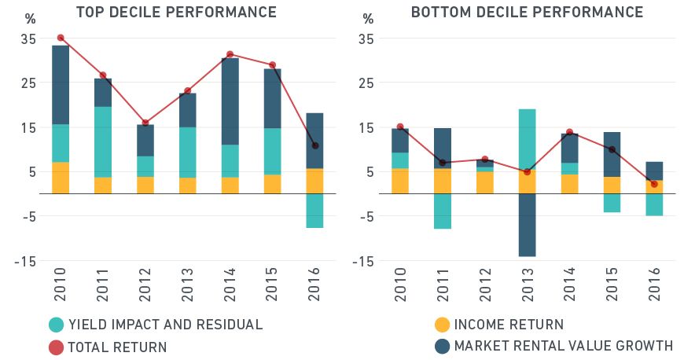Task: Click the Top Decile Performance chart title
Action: (x=175, y=13)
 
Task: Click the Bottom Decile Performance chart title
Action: (x=527, y=13)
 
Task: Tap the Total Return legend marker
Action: (x=57, y=347)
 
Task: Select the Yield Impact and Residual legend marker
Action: (x=57, y=325)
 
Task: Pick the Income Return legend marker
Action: (x=442, y=325)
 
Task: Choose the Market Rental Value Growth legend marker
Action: (x=442, y=346)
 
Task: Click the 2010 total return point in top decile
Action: (x=61, y=38)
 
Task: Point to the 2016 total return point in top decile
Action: (x=315, y=145)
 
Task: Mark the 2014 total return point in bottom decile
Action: (x=569, y=132)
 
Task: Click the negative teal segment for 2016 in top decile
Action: (x=315, y=211)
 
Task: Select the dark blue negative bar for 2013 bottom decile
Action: (x=527, y=225)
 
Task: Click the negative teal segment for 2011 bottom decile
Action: (x=443, y=211)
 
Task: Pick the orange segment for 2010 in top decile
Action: (x=61, y=178)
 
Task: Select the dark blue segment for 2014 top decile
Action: (x=230, y=101)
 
